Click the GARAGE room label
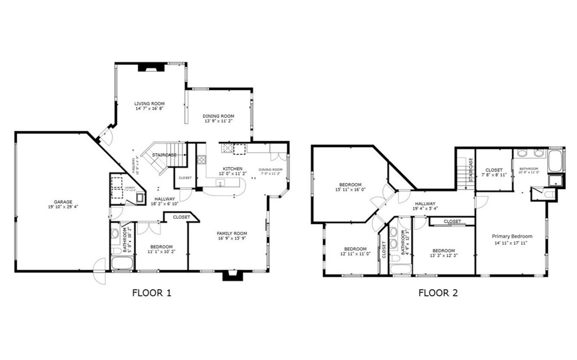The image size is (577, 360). tap(63, 201)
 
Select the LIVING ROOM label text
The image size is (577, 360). tap(149, 104)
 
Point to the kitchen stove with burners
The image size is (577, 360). tap(227, 149)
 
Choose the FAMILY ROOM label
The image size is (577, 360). tap(232, 233)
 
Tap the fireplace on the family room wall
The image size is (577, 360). tap(231, 275)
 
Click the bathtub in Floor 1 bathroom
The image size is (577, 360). tap(122, 264)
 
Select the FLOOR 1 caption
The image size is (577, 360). tap(151, 292)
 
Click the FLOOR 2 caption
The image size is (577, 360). tap(438, 292)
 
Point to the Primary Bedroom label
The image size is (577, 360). tap(512, 237)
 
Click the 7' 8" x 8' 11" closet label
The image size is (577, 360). tap(494, 175)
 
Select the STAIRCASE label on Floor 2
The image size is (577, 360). tap(471, 167)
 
